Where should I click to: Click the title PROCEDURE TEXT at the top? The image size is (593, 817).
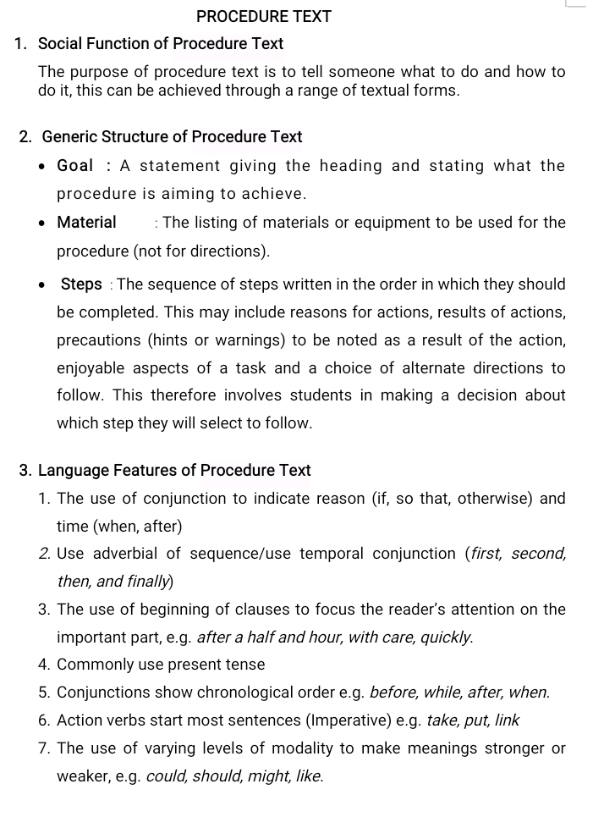click(264, 16)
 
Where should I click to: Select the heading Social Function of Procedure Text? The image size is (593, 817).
click(161, 43)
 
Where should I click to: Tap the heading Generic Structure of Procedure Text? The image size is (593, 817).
click(172, 136)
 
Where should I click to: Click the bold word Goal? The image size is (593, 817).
click(75, 166)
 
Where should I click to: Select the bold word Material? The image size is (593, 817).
click(86, 223)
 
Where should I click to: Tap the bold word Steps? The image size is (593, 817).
click(81, 284)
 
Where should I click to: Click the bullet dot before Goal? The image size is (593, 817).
click(41, 167)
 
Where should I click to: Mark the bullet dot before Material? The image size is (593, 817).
click(41, 224)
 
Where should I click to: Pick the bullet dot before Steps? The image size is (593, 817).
click(41, 285)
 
